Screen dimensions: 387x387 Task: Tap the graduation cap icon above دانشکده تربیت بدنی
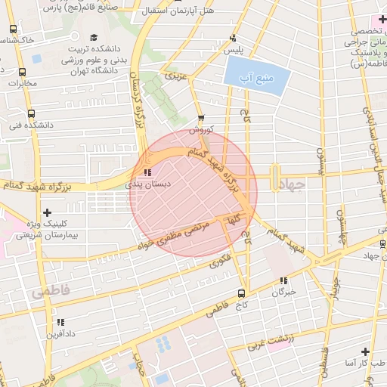(x=94, y=38)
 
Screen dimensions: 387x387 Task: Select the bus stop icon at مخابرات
(x=22, y=73)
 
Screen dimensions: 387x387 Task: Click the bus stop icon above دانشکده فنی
(x=30, y=113)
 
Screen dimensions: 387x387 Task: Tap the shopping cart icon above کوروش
(x=200, y=119)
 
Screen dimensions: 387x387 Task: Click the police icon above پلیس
(x=232, y=38)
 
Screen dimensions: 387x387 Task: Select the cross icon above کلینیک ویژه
(x=48, y=213)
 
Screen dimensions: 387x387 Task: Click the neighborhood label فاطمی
(x=50, y=290)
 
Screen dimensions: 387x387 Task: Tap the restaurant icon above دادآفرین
(x=60, y=322)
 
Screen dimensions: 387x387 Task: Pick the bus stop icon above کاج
(x=241, y=293)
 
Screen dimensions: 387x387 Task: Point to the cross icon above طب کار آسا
(x=365, y=352)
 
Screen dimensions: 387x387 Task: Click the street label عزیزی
(x=175, y=76)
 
